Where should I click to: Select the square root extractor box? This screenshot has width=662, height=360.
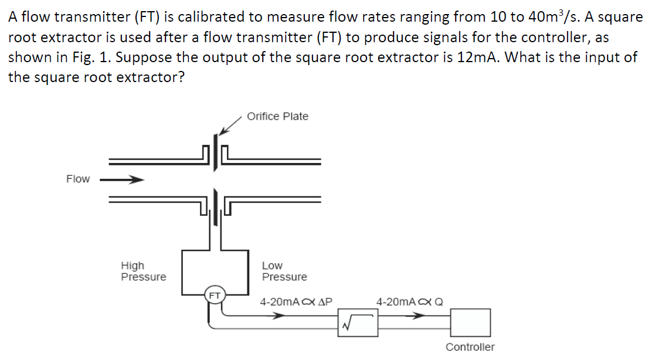click(357, 322)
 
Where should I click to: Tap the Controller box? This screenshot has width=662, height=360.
click(470, 322)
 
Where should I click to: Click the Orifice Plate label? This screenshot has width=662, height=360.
click(277, 116)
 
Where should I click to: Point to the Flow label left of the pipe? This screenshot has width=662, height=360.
click(78, 179)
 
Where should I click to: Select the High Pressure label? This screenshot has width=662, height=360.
click(143, 271)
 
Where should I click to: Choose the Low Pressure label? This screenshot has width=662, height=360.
click(284, 271)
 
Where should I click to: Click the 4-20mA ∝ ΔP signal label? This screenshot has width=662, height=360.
click(296, 302)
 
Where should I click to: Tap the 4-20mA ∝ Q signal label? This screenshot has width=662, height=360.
click(409, 302)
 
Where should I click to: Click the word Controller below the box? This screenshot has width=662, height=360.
click(470, 347)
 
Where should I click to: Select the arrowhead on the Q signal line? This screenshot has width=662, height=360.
click(417, 316)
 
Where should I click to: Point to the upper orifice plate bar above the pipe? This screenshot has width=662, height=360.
click(217, 152)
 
